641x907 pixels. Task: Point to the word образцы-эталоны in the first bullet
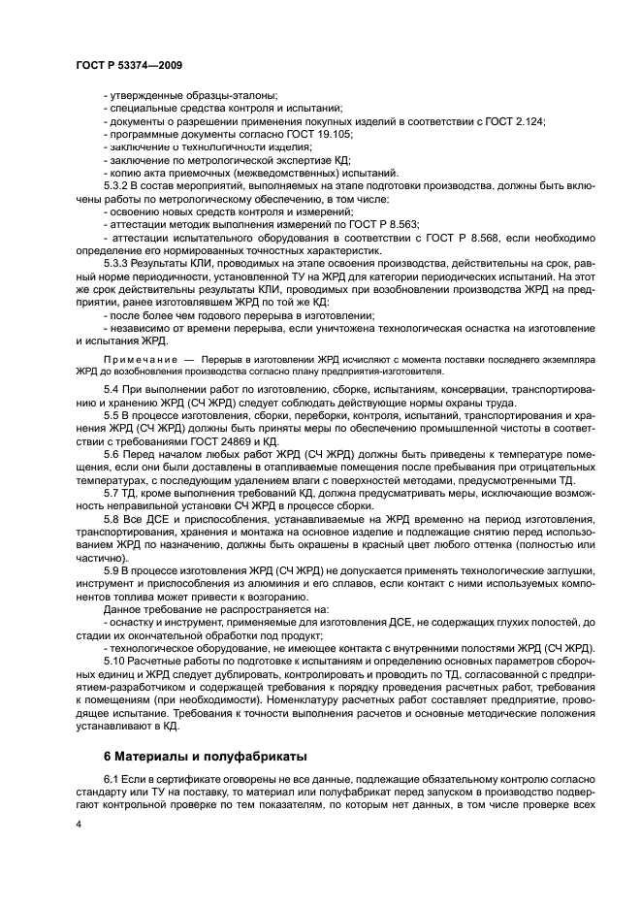pos(234,95)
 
